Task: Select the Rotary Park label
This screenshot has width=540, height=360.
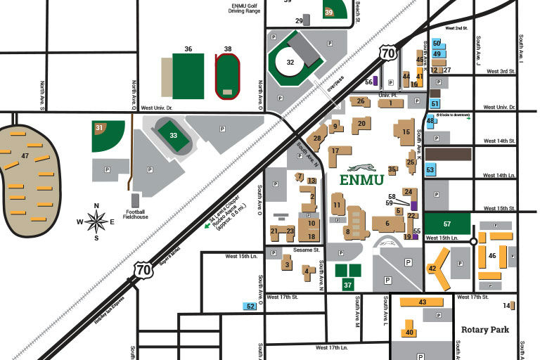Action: point(484,329)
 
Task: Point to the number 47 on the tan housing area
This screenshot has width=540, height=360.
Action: point(25,155)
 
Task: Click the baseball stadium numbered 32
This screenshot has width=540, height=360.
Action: point(290,62)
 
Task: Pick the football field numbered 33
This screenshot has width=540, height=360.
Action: point(173,135)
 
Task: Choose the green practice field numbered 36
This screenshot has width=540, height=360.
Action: point(188,76)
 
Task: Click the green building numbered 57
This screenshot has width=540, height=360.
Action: point(447,224)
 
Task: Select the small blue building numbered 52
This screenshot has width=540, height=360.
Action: point(250,306)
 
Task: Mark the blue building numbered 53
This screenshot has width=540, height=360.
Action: point(430,169)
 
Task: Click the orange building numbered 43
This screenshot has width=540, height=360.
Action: point(422,302)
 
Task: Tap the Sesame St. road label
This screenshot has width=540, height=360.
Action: point(307,250)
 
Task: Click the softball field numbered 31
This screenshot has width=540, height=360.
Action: point(109,135)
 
